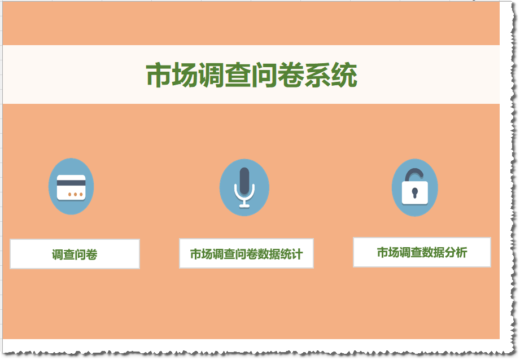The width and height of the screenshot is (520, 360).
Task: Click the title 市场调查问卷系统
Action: [252, 75]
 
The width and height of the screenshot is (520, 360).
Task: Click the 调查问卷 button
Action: [75, 254]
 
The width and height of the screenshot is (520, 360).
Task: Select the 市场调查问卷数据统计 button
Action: [246, 253]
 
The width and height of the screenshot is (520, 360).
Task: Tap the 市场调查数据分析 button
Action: [422, 252]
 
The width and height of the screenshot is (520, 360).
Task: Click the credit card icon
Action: [71, 187]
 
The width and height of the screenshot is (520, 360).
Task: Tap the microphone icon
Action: [244, 188]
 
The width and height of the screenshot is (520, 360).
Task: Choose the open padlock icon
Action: [415, 188]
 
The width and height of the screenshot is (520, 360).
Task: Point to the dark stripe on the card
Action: [71, 183]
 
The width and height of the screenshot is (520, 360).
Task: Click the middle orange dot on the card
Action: [75, 194]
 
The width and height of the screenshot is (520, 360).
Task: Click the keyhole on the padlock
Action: [414, 192]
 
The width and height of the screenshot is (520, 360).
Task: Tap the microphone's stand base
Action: [244, 206]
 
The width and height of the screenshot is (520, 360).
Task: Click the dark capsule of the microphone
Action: [244, 181]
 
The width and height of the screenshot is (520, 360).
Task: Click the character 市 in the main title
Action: [159, 75]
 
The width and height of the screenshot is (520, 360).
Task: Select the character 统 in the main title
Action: [344, 75]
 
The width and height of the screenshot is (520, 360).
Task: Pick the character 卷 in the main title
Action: [291, 75]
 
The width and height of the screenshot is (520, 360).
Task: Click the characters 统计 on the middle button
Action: [291, 254]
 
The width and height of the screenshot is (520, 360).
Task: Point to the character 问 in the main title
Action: [264, 75]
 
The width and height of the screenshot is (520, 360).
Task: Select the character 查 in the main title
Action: [238, 75]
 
